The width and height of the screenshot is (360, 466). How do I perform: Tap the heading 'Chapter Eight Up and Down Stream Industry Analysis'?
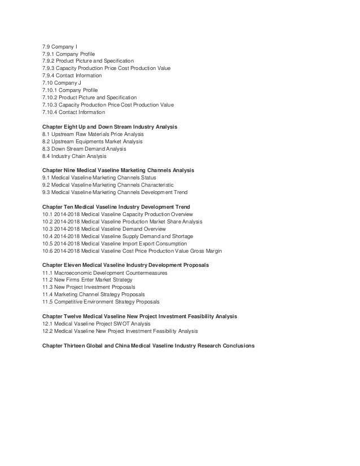tap(109, 127)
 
